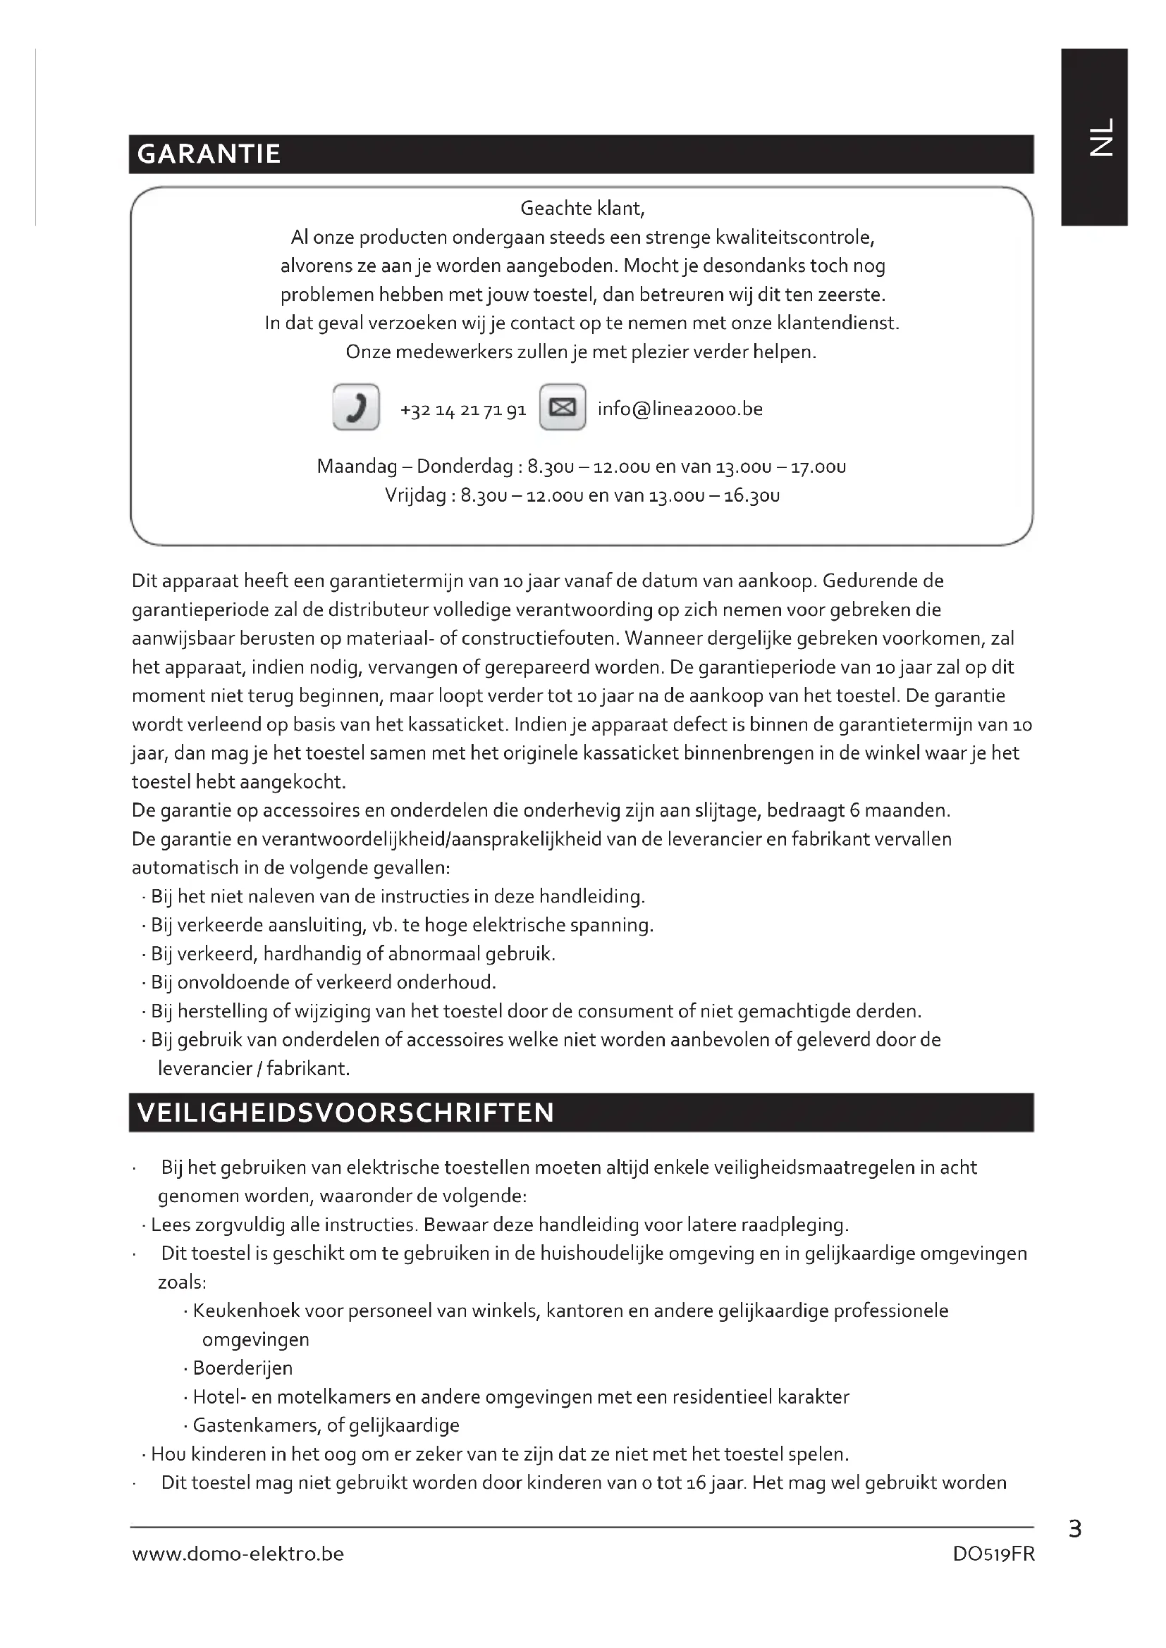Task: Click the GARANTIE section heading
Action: coord(208,154)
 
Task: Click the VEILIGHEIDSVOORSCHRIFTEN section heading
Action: coord(345,1113)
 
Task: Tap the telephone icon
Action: coord(356,407)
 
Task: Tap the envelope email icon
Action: coord(562,407)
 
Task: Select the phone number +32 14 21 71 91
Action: coord(463,410)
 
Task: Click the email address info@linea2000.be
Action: coord(680,409)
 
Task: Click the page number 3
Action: coord(1075,1530)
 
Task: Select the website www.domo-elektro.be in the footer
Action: coord(238,1554)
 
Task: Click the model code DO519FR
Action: coord(994,1554)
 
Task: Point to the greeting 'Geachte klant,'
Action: coord(582,209)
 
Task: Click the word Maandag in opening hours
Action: coord(357,467)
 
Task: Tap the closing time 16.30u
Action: coord(751,496)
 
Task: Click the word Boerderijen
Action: coord(243,1368)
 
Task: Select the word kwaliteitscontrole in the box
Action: coord(797,237)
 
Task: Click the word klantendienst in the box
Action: coord(837,323)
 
